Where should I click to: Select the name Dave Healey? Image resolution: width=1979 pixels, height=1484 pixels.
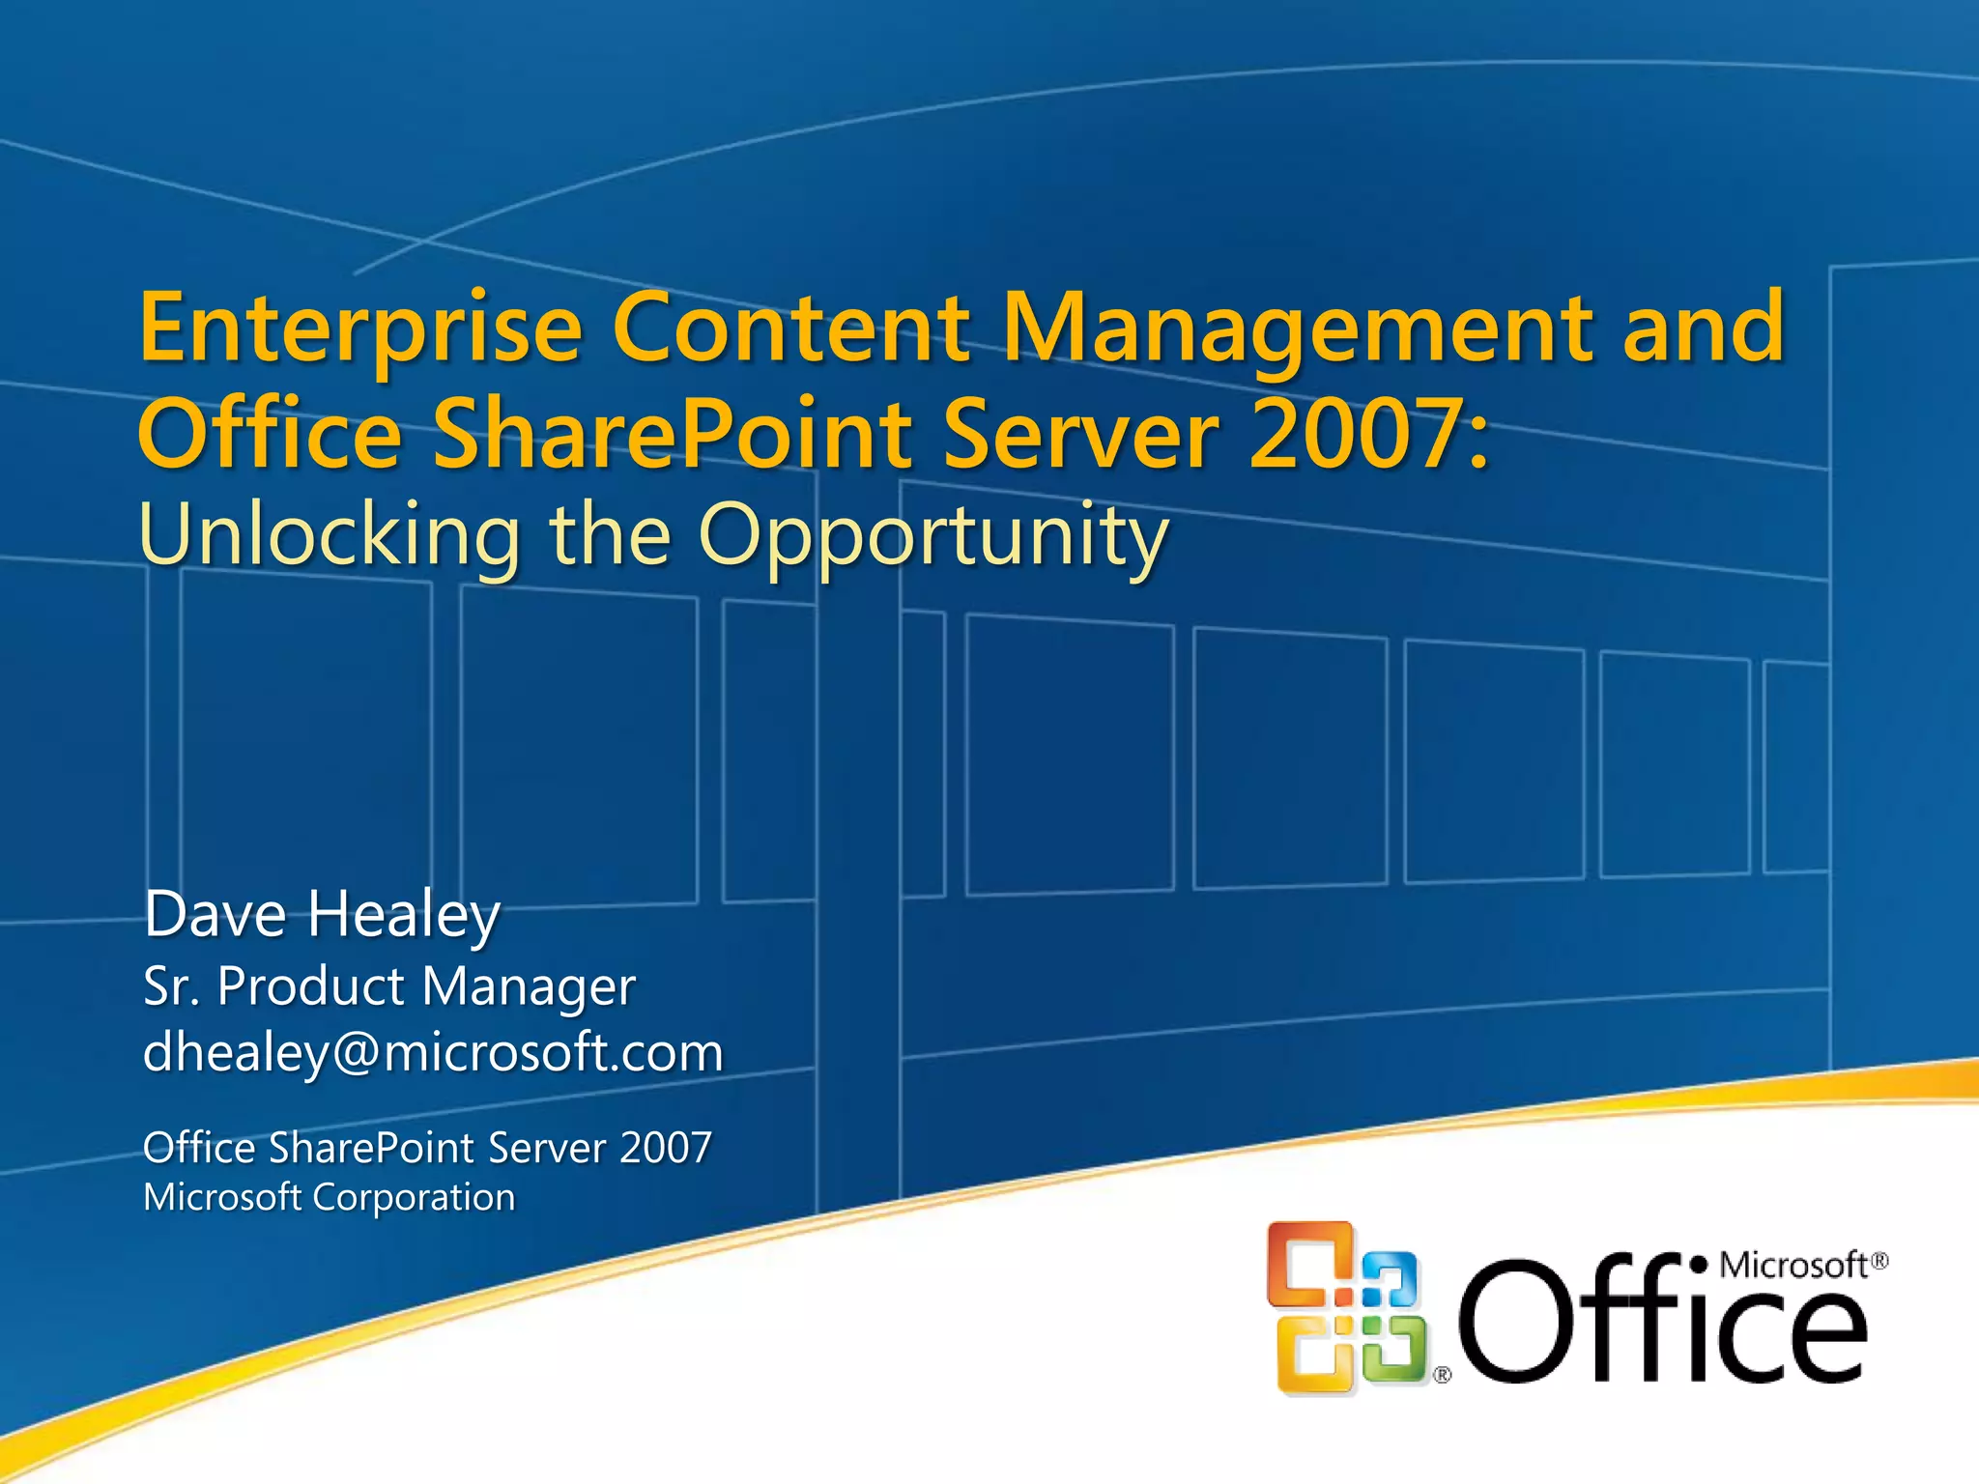[322, 914]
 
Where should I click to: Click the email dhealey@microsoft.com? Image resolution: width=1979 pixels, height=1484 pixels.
[433, 1052]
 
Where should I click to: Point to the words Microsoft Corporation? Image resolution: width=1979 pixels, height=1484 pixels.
[329, 1198]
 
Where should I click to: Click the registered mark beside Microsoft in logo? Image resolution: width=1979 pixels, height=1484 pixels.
[1879, 1261]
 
